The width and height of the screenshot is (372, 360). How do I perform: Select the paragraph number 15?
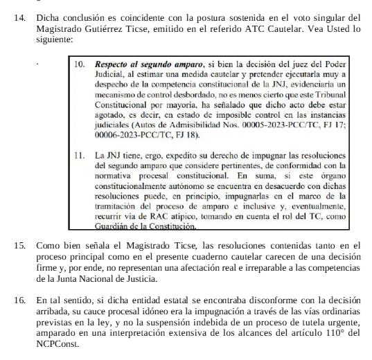19,245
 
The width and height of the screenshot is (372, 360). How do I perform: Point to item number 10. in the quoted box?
80,63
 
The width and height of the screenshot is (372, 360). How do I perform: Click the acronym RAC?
145,216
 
